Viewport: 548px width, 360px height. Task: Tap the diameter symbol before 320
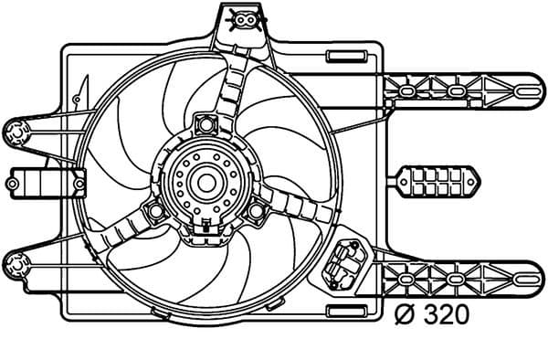[405, 315]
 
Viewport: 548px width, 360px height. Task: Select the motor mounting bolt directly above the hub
[204, 121]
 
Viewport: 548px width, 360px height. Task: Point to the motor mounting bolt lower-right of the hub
[255, 211]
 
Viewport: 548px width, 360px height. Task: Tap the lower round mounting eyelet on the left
[16, 265]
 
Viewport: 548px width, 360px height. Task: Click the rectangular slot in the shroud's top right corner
[345, 57]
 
